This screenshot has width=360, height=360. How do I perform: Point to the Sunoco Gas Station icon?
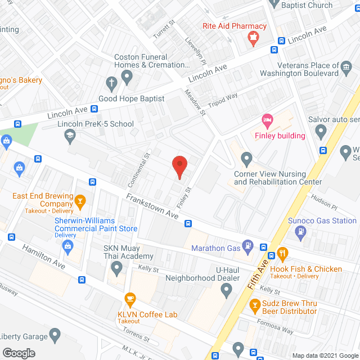[302, 231]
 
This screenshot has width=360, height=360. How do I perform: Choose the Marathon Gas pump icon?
[247, 246]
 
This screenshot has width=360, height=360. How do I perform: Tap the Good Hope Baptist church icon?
[111, 85]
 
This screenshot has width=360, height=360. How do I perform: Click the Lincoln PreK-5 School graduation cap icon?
[69, 134]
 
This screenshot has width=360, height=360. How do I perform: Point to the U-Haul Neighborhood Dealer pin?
[226, 291]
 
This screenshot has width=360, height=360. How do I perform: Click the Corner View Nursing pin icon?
[246, 158]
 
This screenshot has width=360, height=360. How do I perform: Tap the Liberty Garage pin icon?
[55, 336]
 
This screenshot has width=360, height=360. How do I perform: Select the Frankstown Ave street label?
[152, 206]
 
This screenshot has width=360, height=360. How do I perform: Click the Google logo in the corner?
[18, 353]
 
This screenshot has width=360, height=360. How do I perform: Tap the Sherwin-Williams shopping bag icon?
[69, 245]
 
